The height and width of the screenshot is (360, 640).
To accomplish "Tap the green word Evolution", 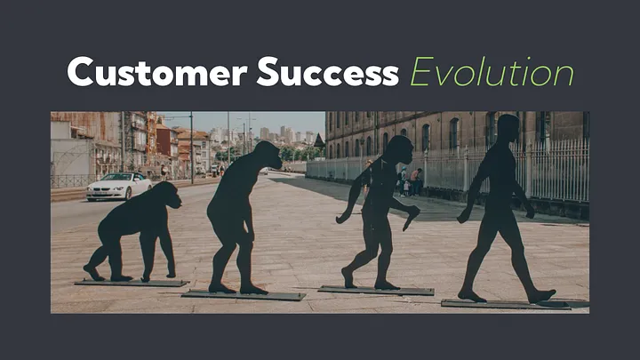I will [491, 71].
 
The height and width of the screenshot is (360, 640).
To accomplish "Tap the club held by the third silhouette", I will [411, 216].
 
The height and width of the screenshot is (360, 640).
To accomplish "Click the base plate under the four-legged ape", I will [132, 283].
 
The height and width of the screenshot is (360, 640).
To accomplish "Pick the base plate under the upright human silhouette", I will [505, 304].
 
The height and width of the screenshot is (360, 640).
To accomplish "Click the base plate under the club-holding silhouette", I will [376, 290].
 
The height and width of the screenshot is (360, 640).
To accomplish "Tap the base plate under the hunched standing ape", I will [244, 294].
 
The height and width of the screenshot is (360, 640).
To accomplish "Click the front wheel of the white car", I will [130, 195].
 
